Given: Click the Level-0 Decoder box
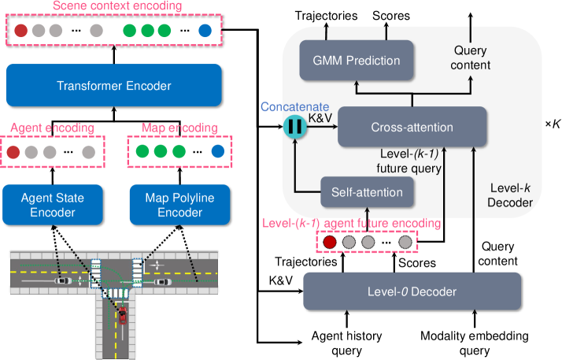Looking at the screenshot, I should [412, 291].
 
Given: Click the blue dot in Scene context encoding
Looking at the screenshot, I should [205, 32].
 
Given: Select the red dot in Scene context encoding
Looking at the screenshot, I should [21, 32].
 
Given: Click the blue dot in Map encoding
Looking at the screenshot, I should [216, 151].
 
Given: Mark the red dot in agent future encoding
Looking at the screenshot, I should [329, 242].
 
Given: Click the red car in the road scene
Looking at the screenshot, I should [123, 316].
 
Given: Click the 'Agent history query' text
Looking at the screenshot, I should [347, 342].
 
